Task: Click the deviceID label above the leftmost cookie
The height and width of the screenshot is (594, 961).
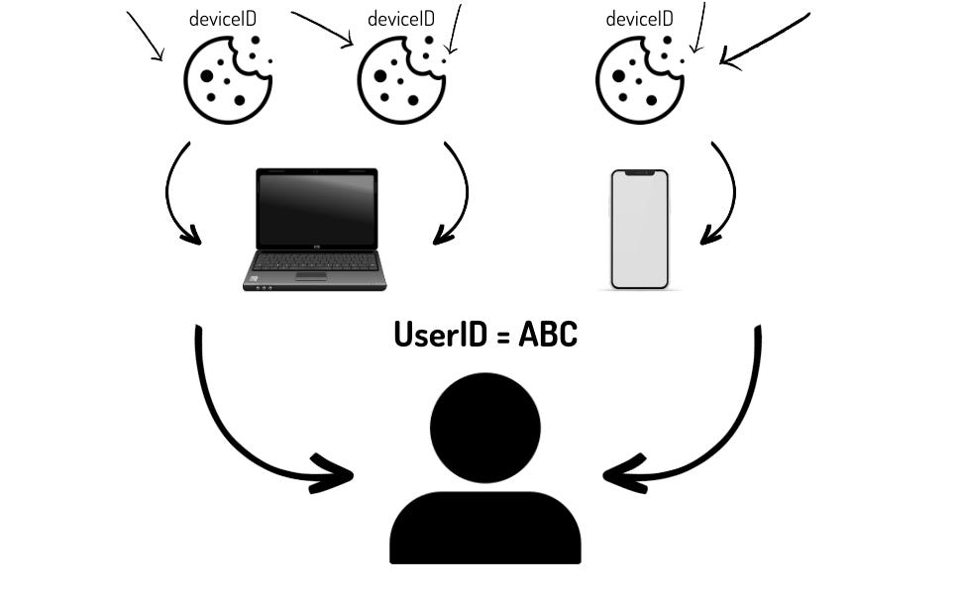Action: [222, 19]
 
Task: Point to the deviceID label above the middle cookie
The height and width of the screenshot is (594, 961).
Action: [400, 19]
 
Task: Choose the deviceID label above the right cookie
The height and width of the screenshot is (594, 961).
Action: [639, 19]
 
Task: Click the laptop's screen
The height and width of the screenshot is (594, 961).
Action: [316, 209]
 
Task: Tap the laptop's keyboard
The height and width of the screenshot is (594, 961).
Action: [315, 261]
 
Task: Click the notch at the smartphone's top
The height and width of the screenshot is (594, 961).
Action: [639, 173]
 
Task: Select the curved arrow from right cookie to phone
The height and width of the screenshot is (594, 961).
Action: [729, 193]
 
